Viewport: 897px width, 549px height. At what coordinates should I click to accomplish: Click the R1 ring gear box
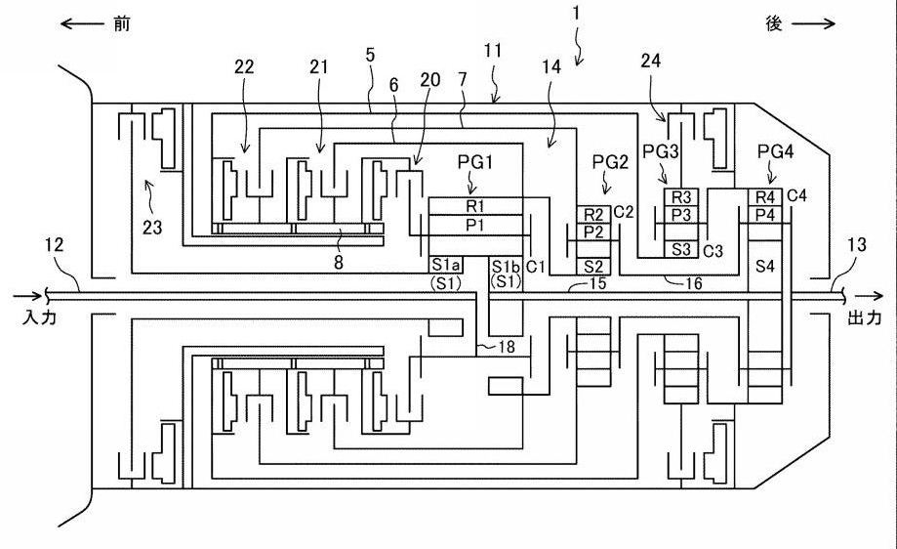[x=475, y=206]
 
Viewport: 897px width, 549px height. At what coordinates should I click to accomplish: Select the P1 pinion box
[x=475, y=226]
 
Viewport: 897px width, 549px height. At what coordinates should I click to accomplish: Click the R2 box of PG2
[x=594, y=214]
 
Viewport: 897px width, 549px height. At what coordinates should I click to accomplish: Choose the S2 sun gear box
[x=594, y=266]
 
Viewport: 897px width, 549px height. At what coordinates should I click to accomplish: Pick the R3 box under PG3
[x=680, y=197]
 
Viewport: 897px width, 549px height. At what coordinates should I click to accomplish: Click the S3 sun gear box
[x=680, y=249]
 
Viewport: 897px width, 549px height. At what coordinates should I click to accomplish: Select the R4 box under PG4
[x=765, y=197]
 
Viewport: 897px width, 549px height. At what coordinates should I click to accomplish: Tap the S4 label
[x=765, y=265]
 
